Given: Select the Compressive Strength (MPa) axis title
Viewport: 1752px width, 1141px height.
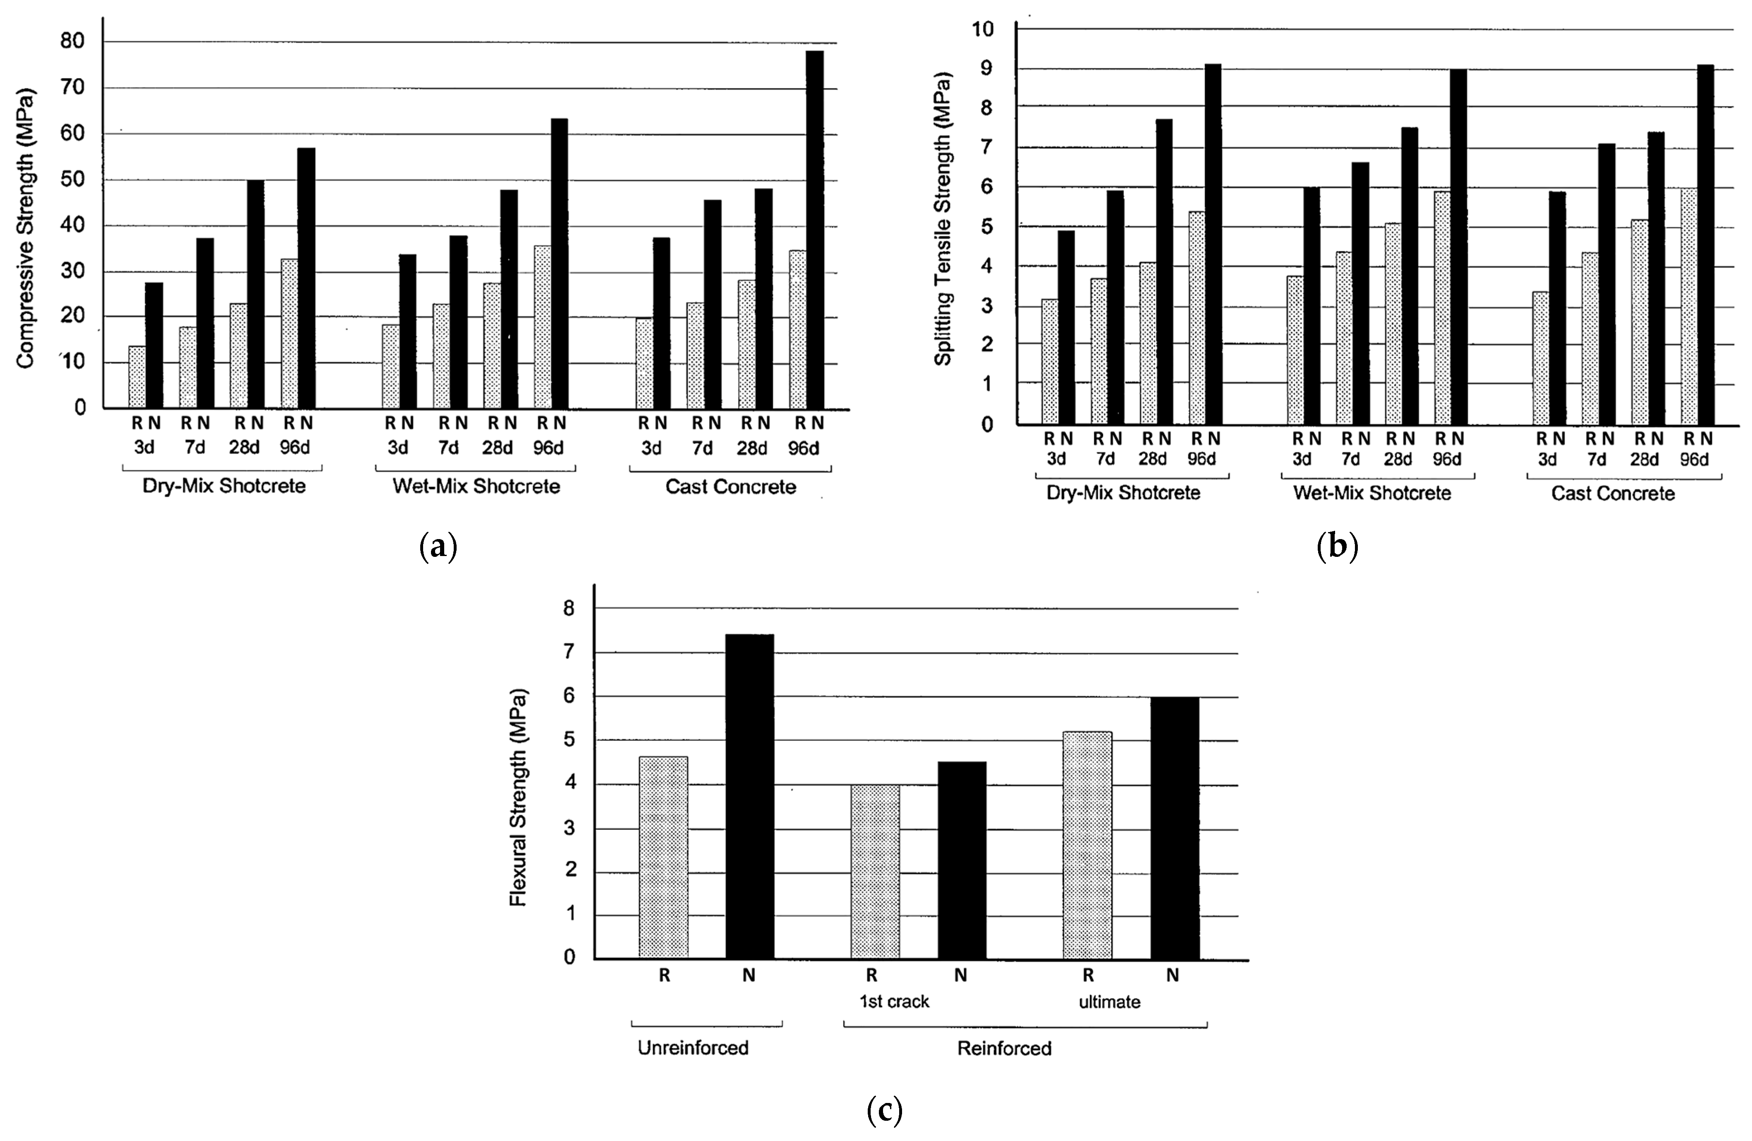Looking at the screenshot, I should click(25, 229).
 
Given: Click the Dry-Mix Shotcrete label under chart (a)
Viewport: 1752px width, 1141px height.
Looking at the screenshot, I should click(224, 486).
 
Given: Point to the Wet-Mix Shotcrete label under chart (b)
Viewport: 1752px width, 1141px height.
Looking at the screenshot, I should click(1372, 493).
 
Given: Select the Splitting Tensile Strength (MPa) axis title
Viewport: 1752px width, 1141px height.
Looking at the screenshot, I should click(943, 219).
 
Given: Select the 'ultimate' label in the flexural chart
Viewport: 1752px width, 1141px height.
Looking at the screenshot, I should click(1109, 1002).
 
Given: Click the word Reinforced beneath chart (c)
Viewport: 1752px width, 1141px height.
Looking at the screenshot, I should click(1004, 1048).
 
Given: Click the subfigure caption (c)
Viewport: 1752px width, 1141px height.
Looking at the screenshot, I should click(884, 1110).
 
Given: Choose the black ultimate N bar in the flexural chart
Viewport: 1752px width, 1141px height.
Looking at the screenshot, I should click(1175, 828).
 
